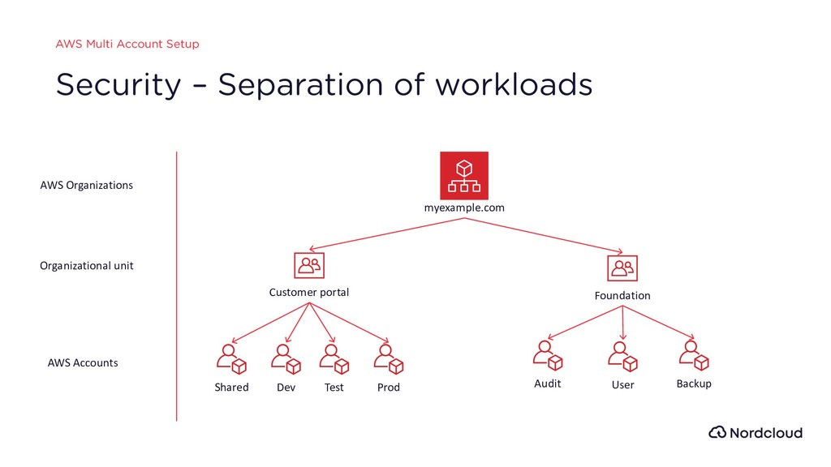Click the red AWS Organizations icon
click(x=464, y=176)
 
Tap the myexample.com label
click(x=464, y=208)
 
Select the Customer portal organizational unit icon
click(x=309, y=265)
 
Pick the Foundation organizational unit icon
click(x=622, y=268)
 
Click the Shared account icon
click(x=231, y=359)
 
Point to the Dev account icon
click(x=286, y=359)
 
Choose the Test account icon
click(x=334, y=359)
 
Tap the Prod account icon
click(x=389, y=359)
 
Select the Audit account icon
click(x=548, y=355)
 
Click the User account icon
click(x=622, y=357)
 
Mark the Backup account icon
click(x=694, y=355)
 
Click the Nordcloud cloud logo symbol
click(x=717, y=432)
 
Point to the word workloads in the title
click(x=514, y=84)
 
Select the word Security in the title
click(x=118, y=85)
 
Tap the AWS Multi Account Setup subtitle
click(x=127, y=44)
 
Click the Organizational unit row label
click(x=86, y=266)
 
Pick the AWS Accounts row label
click(x=83, y=362)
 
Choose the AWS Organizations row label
click(x=86, y=186)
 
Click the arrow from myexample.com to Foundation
click(x=543, y=236)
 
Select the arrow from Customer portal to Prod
click(x=349, y=323)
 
